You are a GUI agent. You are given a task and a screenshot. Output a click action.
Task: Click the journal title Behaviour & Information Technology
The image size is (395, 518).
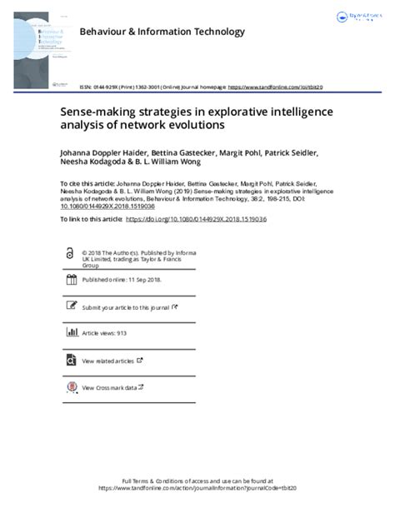(x=162, y=32)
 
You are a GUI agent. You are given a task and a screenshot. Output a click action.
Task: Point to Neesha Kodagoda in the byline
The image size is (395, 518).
(x=97, y=164)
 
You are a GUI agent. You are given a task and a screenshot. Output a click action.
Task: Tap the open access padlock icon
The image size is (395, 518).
(x=69, y=253)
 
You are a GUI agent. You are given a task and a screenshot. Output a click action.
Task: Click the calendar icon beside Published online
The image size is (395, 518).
(x=69, y=281)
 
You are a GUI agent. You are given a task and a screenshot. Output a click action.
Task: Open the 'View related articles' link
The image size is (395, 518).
(x=108, y=361)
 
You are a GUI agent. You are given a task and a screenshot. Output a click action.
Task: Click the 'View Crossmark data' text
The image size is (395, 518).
(x=108, y=387)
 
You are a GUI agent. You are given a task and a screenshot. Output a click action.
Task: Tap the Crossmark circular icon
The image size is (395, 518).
(x=69, y=387)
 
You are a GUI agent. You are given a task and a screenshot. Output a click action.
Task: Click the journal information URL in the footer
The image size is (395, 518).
(x=197, y=490)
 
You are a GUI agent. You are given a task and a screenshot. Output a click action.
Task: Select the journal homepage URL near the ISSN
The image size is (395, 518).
(x=275, y=87)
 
